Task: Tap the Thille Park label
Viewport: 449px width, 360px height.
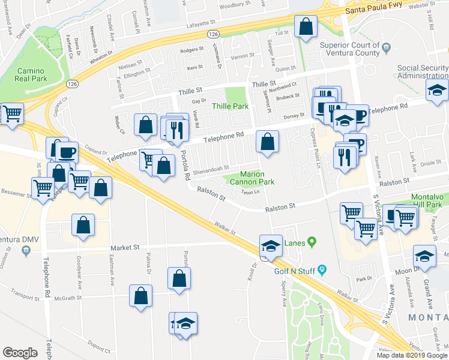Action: (230, 106)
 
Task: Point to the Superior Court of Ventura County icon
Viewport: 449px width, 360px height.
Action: (387, 47)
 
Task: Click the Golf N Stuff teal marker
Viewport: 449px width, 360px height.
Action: (322, 269)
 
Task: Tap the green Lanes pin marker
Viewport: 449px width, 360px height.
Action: (312, 242)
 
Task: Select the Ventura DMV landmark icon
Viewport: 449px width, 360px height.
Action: (26, 250)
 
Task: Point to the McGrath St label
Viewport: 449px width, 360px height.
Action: (67, 297)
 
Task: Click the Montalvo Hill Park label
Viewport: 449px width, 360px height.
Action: (429, 201)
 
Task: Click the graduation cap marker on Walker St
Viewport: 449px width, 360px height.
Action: (271, 245)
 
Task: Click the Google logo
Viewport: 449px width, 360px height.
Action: (20, 353)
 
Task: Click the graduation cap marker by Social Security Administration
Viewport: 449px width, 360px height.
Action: (437, 91)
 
